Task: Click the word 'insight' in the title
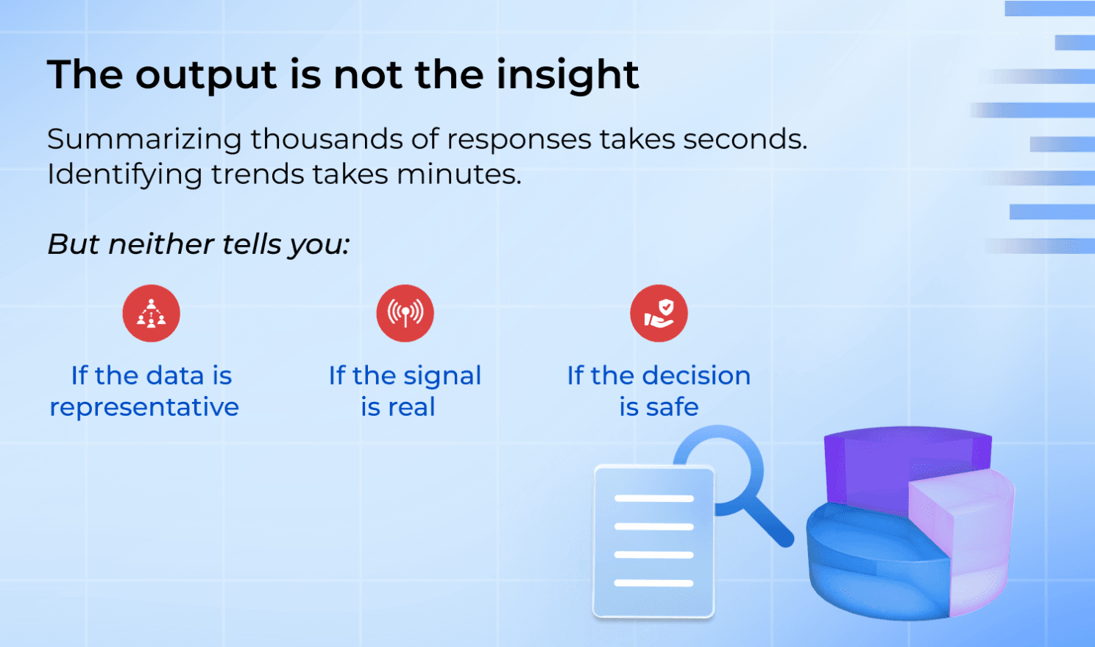(567, 74)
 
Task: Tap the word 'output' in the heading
(207, 76)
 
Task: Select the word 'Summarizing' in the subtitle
(144, 138)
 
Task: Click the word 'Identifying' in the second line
(124, 175)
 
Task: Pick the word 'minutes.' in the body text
(459, 174)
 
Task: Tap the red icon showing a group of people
(151, 314)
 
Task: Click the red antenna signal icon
(405, 314)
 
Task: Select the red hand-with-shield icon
(659, 314)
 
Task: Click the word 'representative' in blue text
(144, 407)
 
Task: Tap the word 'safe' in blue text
(672, 407)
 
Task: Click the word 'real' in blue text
(412, 407)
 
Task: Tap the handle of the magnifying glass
(769, 523)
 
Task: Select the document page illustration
(653, 541)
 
